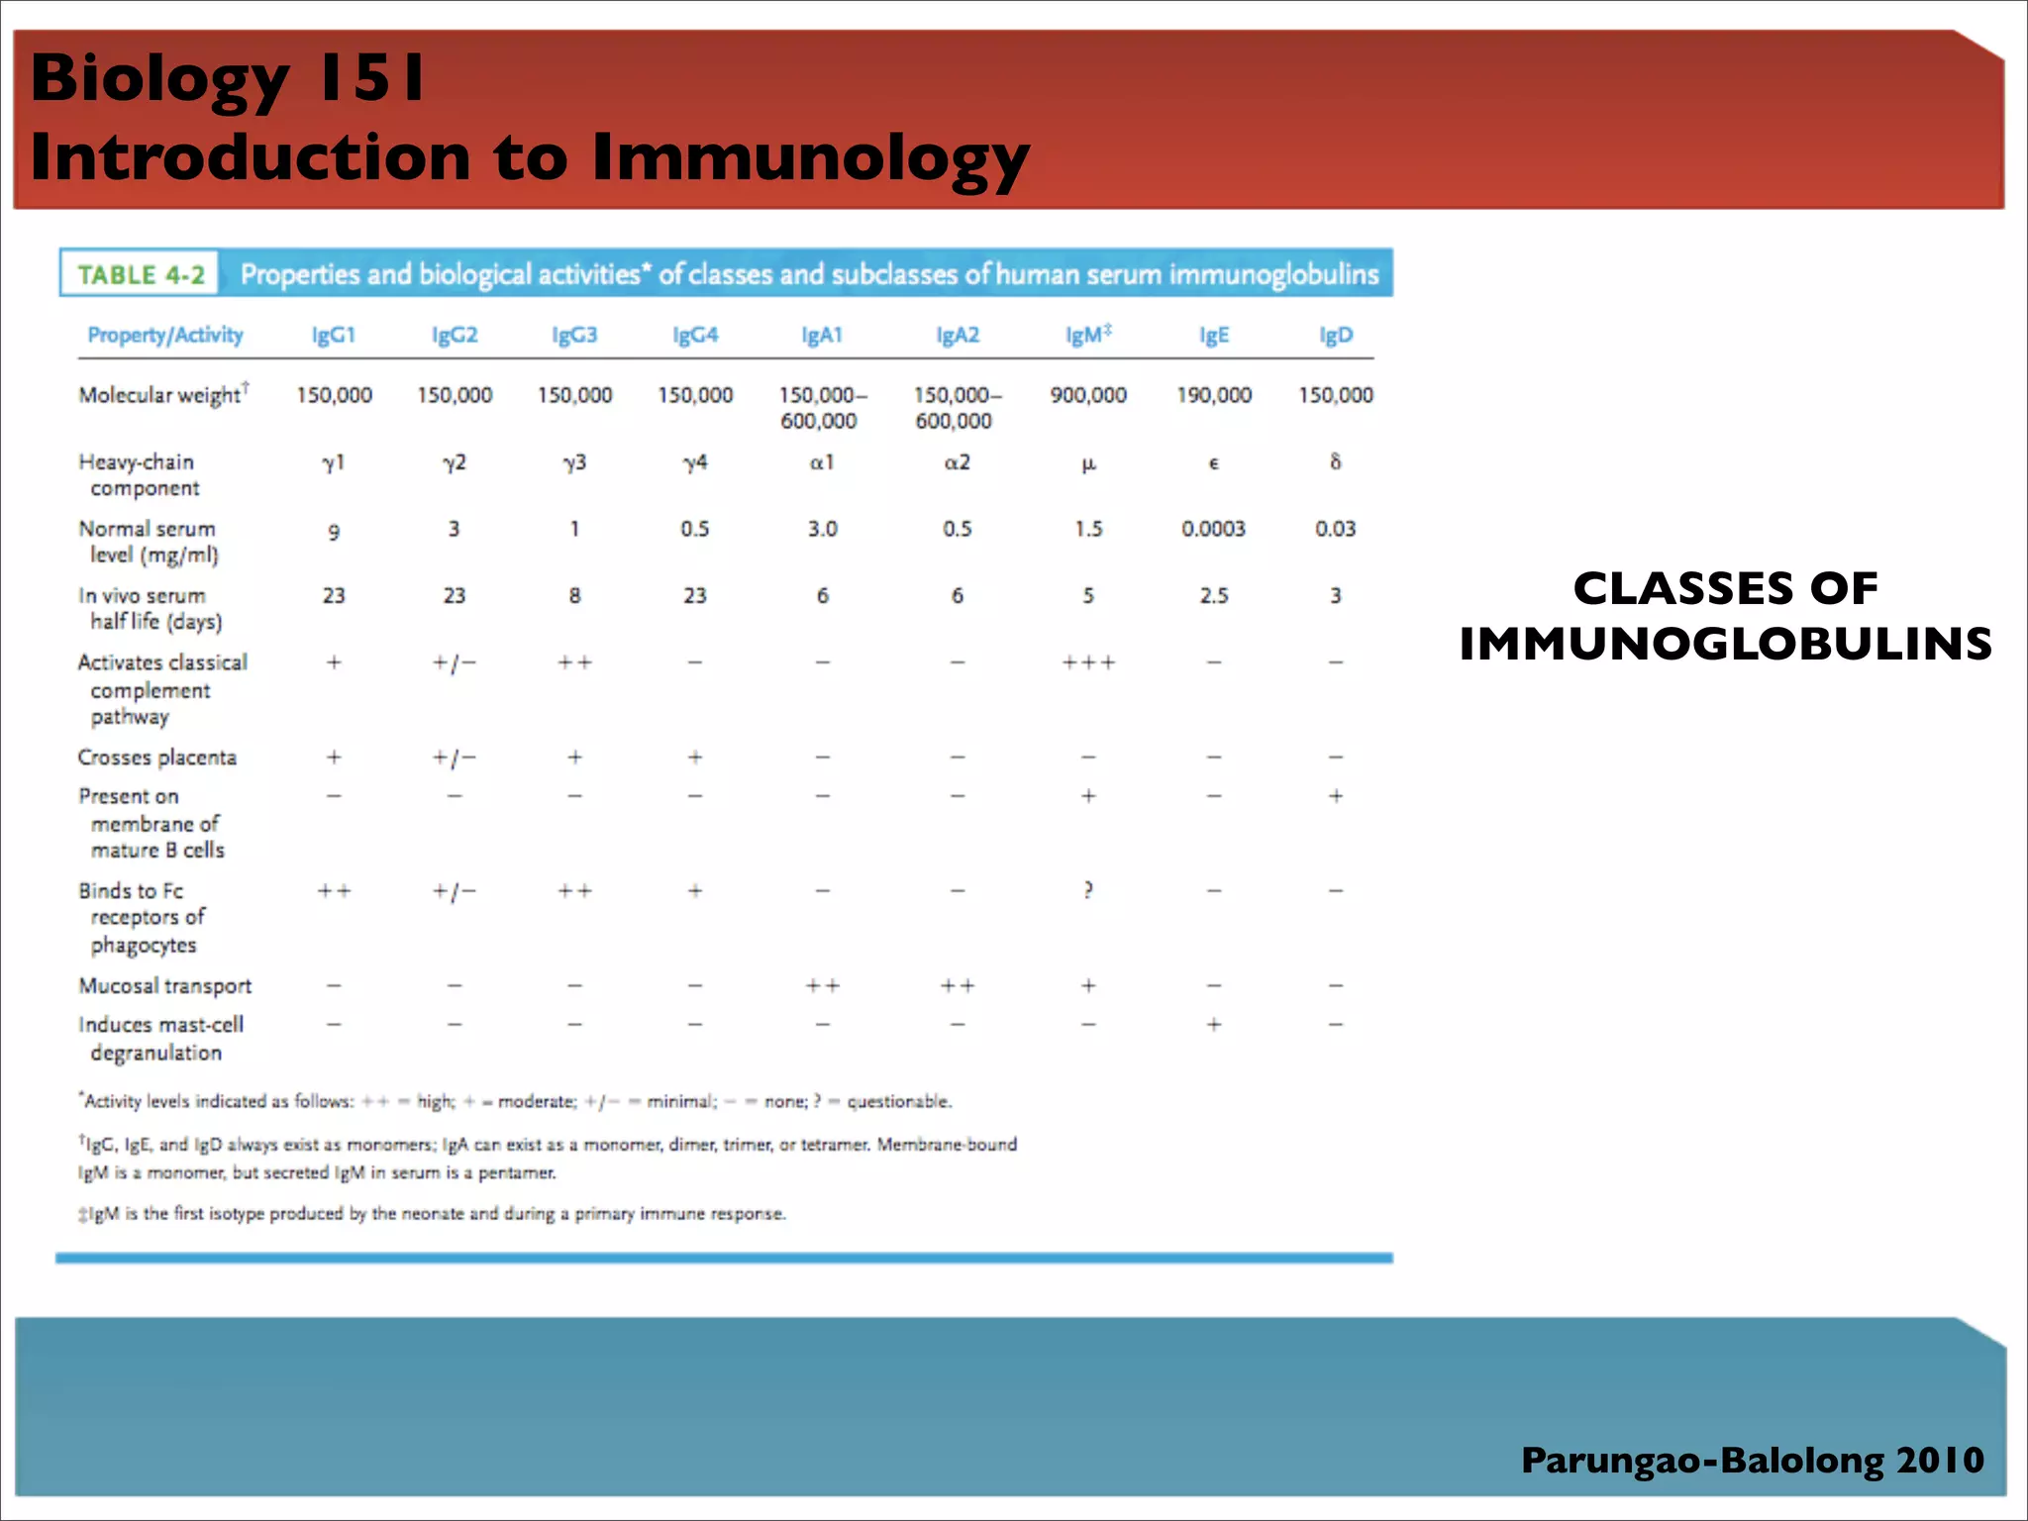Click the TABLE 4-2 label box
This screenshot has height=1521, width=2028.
point(140,274)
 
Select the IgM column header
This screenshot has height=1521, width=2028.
point(1087,335)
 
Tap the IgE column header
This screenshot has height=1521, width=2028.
point(1213,335)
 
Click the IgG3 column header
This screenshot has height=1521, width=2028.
point(574,335)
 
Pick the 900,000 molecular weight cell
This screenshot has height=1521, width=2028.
point(1087,395)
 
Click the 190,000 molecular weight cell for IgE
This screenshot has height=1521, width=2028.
point(1213,395)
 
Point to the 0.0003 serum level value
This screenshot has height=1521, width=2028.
point(1213,529)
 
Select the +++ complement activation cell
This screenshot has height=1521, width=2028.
point(1087,662)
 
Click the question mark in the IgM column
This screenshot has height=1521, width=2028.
point(1087,890)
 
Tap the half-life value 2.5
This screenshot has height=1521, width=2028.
point(1213,595)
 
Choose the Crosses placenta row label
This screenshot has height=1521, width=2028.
point(156,758)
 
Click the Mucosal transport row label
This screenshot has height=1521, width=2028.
point(164,985)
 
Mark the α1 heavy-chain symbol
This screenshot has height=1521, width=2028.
point(822,462)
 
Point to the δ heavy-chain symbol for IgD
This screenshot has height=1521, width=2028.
point(1335,461)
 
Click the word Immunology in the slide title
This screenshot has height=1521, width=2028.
point(810,157)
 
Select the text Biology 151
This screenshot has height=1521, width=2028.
point(228,77)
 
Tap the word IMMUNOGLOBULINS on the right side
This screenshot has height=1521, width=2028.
point(1725,644)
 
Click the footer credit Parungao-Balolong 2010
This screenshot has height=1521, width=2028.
point(1752,1460)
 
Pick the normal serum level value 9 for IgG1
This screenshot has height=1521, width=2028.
point(334,532)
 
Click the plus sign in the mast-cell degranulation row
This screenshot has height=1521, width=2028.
point(1213,1024)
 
